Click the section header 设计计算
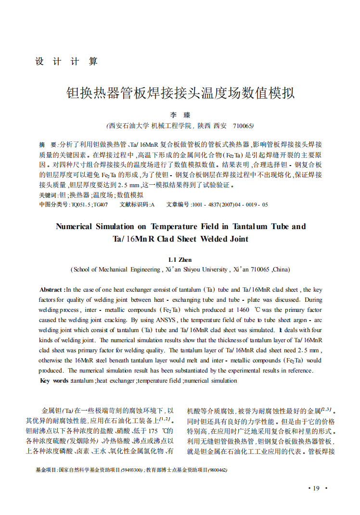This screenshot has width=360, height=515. click(66, 62)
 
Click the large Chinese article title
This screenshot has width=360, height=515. click(180, 92)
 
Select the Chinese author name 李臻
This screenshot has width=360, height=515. click(180, 116)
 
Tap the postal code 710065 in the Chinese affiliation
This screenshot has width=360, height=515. click(243, 126)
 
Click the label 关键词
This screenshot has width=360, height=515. click(48, 195)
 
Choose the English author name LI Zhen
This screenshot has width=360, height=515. click(180, 260)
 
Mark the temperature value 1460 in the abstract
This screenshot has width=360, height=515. click(244, 310)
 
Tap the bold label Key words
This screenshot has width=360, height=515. click(54, 381)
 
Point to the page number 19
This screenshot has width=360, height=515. click(316, 489)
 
